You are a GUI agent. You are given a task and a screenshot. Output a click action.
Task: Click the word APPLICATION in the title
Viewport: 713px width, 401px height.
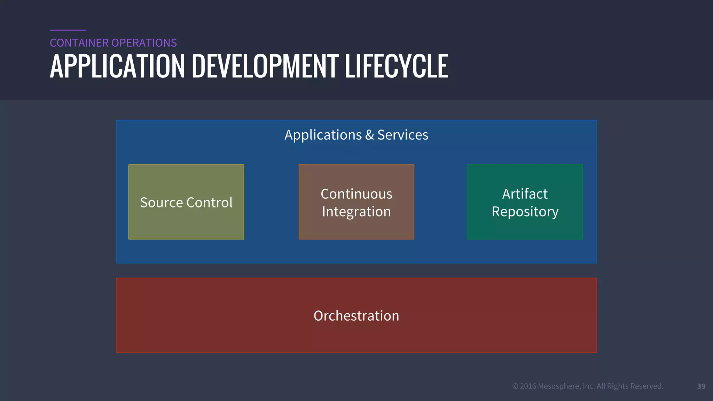pos(117,66)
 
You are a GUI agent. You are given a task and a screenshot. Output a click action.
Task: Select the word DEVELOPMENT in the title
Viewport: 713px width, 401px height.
pos(265,66)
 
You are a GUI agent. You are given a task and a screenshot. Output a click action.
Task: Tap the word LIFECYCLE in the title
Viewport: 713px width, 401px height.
pos(396,66)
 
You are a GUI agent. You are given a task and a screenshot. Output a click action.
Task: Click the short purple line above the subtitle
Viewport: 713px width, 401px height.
pos(68,30)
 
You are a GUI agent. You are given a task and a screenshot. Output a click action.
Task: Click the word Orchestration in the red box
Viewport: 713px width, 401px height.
pos(356,316)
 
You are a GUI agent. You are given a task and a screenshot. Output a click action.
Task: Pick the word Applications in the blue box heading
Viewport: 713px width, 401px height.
pos(323,135)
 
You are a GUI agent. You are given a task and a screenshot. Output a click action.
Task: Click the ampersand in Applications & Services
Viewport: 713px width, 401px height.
pos(369,135)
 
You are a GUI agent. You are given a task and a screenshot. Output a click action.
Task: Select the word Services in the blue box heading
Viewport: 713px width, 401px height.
pos(403,135)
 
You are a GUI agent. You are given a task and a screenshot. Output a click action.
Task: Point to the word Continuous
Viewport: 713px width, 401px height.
pos(356,194)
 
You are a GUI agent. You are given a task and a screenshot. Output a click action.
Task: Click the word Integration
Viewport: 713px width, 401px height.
pos(356,212)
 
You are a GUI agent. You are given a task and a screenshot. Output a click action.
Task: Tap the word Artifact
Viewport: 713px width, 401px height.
pos(525,194)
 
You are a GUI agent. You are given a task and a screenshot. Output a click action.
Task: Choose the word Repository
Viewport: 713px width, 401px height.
pos(525,212)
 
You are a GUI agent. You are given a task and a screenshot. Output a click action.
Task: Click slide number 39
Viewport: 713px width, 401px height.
pos(701,386)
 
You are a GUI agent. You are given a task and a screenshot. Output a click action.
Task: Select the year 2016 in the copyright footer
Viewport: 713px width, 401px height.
pos(528,386)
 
